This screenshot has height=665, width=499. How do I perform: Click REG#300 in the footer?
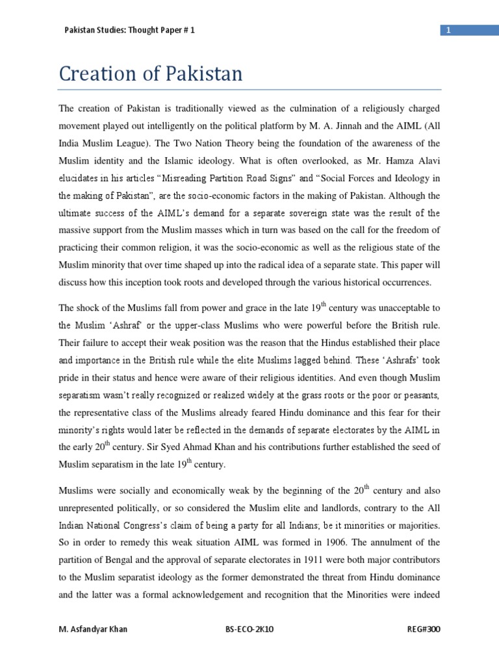[423, 631]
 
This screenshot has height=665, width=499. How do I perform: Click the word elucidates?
[81, 177]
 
